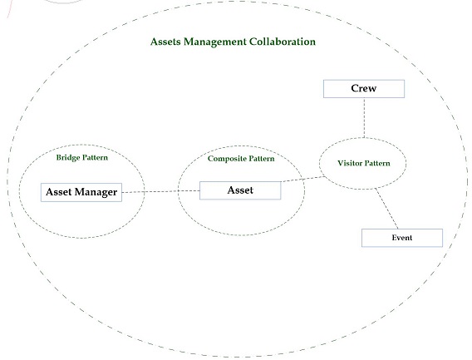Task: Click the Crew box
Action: pyautogui.click(x=364, y=89)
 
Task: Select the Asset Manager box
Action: pyautogui.click(x=81, y=192)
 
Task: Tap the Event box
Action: pyautogui.click(x=402, y=238)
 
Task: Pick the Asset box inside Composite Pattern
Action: pyautogui.click(x=240, y=190)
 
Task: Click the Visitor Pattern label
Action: pyautogui.click(x=364, y=163)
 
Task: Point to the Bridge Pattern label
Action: pyautogui.click(x=82, y=158)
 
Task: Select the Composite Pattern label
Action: pyautogui.click(x=241, y=159)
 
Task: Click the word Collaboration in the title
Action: pyautogui.click(x=283, y=42)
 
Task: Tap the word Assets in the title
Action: pyautogui.click(x=165, y=42)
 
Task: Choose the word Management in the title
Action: pyautogui.click(x=215, y=42)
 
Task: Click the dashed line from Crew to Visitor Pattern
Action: pyautogui.click(x=364, y=118)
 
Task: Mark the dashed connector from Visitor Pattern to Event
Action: pyautogui.click(x=386, y=209)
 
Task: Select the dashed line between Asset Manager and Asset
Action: pyautogui.click(x=160, y=191)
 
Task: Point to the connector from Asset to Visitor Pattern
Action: pyautogui.click(x=302, y=180)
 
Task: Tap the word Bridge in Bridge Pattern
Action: pyautogui.click(x=68, y=158)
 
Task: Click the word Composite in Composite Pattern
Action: pyautogui.click(x=224, y=159)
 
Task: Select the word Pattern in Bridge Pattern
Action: pyautogui.click(x=95, y=158)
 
